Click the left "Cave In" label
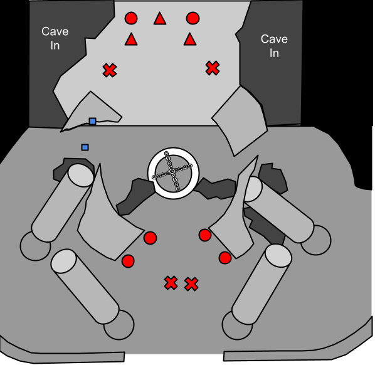[55, 38]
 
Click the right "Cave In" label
[274, 46]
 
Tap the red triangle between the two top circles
[160, 19]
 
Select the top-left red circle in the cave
[131, 18]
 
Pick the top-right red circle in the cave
[193, 18]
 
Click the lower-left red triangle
[131, 40]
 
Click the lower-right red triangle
[190, 40]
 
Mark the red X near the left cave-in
[110, 70]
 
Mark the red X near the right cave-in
[213, 68]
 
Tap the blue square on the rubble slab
[93, 121]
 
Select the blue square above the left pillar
[85, 147]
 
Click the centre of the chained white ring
[173, 173]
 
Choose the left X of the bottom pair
[171, 283]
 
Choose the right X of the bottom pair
[191, 284]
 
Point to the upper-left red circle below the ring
[151, 238]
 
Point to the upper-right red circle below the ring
[205, 235]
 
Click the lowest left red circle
[128, 261]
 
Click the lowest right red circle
[225, 258]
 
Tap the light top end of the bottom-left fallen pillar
[63, 261]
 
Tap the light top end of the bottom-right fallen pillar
[278, 255]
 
